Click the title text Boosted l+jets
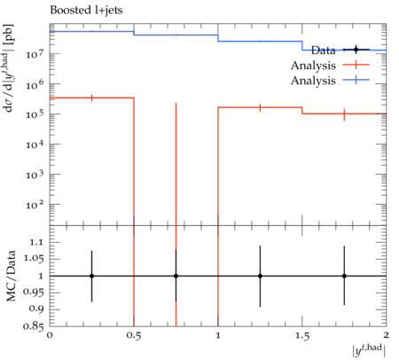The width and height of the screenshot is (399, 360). point(86,11)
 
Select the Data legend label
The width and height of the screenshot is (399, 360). point(324,51)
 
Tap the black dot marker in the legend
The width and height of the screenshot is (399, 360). point(356,50)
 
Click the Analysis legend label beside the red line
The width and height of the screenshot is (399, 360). point(313,66)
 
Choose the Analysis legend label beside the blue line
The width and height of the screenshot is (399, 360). point(313,81)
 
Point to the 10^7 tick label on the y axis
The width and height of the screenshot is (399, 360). point(35,53)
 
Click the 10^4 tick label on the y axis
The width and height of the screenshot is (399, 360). point(35,144)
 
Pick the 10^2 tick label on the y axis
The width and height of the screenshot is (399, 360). point(35,204)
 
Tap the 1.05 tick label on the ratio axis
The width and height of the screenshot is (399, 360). point(34,259)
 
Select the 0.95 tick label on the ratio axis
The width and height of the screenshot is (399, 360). point(34,293)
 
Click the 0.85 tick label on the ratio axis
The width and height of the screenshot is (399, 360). point(34,326)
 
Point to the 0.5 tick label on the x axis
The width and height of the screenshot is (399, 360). point(134,335)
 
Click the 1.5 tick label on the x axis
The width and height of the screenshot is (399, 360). point(302,335)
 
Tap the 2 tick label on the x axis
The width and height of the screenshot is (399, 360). point(386,335)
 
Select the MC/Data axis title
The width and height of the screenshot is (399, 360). point(11,276)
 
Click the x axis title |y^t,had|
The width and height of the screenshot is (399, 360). point(369,350)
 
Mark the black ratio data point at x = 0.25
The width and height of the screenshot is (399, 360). point(91,276)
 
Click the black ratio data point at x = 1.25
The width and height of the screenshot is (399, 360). point(260,276)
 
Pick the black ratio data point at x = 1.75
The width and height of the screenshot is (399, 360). point(344,276)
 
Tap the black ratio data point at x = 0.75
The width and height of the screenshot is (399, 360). point(176,276)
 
